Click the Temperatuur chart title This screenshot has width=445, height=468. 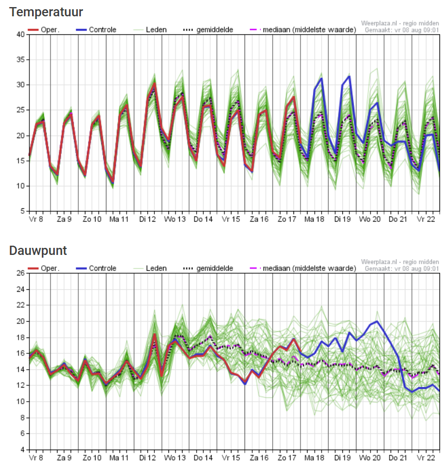click(x=46, y=11)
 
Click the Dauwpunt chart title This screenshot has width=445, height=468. click(x=38, y=250)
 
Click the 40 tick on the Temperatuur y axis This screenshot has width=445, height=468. click(x=20, y=34)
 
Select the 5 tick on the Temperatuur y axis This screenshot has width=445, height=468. click(x=22, y=211)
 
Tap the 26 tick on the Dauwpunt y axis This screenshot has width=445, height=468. click(x=20, y=273)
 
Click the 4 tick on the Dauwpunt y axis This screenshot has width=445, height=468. click(x=22, y=450)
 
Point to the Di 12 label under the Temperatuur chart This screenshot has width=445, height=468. click(x=148, y=219)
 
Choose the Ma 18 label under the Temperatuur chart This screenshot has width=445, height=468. click(x=314, y=219)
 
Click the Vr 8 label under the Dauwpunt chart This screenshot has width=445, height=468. click(x=36, y=458)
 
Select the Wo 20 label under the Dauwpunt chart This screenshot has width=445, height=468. click(x=369, y=458)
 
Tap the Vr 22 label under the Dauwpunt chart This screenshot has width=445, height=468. click(x=425, y=458)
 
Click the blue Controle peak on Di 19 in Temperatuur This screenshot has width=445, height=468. click(x=349, y=77)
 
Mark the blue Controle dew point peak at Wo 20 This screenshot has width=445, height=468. click(x=377, y=321)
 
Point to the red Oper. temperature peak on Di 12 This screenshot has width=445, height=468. click(x=154, y=84)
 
